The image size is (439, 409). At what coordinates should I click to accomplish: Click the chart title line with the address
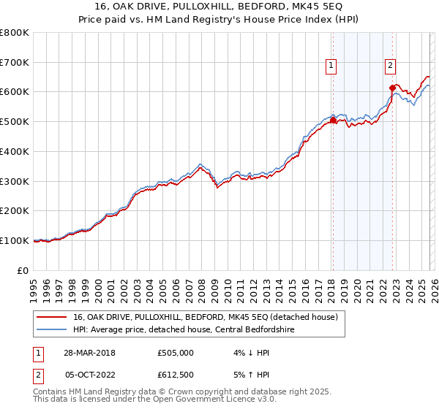pos(219,7)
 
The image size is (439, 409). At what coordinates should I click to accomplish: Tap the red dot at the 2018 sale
pos(333,121)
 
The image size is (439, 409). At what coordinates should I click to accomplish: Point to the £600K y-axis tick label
pos(15,92)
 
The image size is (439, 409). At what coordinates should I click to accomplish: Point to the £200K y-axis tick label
pos(15,210)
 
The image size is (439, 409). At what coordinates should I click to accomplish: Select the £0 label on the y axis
pos(23,270)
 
